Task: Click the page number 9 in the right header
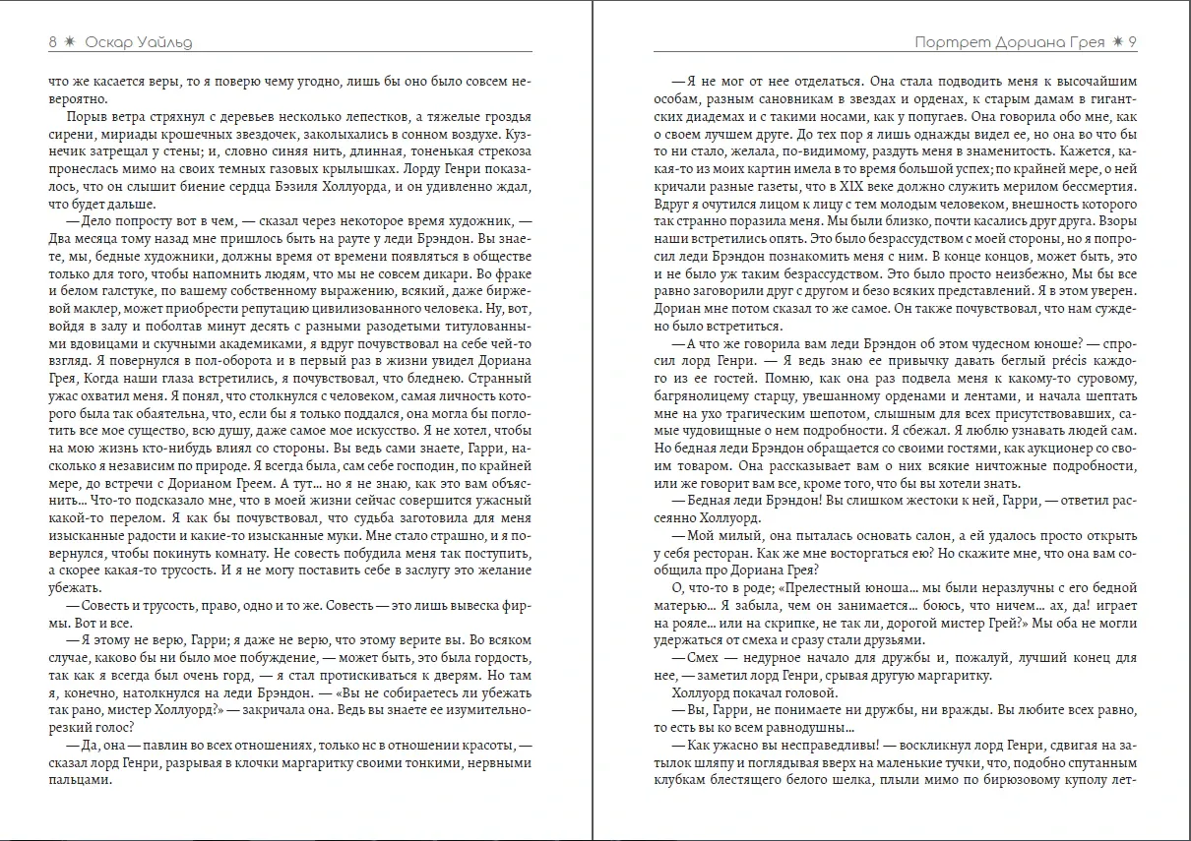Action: (1134, 42)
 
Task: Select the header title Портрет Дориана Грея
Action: (1010, 42)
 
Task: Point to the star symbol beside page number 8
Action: (69, 42)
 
